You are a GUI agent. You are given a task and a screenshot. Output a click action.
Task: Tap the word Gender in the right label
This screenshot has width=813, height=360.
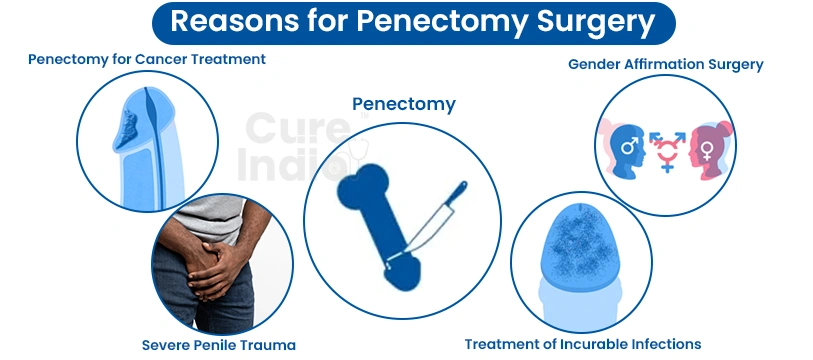coord(596,64)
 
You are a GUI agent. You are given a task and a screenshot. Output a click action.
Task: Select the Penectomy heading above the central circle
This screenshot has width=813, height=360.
coord(403,103)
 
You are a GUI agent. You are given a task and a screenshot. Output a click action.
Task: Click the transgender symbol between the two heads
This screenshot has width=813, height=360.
coord(667,149)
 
